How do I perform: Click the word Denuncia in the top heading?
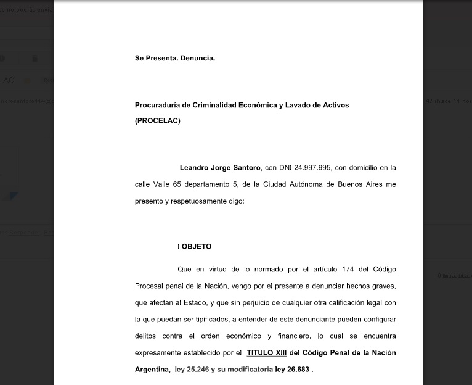[198, 58]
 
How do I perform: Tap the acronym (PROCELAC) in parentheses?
[158, 121]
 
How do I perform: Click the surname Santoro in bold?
[245, 167]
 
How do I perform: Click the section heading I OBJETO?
[194, 246]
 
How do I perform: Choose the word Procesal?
[151, 286]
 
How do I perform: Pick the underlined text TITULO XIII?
[266, 353]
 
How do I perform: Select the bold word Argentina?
[152, 370]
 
